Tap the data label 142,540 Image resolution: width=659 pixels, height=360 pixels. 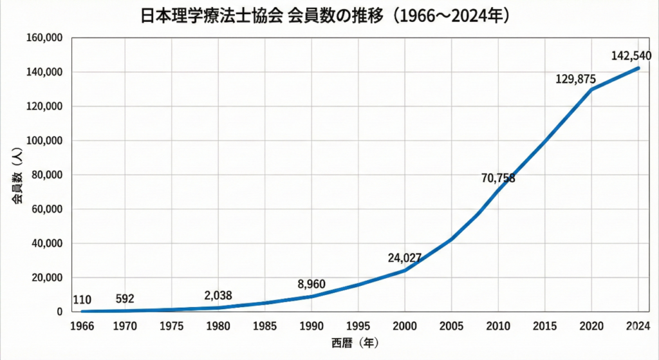631,55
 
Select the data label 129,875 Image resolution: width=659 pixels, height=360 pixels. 575,79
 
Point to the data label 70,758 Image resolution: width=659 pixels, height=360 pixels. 498,178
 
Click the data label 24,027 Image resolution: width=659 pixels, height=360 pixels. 405,258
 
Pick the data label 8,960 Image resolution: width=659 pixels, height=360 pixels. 312,284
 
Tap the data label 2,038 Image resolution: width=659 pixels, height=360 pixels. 218,296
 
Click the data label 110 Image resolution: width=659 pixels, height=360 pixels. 81,299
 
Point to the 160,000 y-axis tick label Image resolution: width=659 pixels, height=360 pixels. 43,38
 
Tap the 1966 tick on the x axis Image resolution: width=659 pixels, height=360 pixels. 81,326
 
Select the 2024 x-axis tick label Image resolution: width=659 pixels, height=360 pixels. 637,326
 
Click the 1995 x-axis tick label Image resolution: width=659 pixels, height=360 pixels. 358,326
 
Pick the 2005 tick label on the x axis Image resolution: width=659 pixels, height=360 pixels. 451,326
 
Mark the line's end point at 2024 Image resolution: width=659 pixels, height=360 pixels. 638,68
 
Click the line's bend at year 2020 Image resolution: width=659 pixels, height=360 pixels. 591,90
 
